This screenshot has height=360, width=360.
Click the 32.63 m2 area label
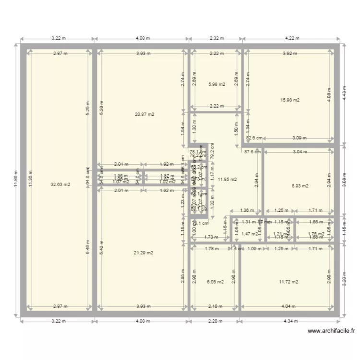click(x=60, y=184)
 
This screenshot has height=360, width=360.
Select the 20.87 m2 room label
click(x=144, y=114)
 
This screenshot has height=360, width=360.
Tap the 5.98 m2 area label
click(x=216, y=84)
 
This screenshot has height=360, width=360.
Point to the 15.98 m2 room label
click(x=290, y=100)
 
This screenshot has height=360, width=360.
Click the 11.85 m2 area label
click(x=227, y=180)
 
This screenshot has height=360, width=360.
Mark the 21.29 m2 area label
click(x=144, y=252)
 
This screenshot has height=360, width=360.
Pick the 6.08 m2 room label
click(x=215, y=282)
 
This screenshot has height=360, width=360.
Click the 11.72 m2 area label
click(x=288, y=282)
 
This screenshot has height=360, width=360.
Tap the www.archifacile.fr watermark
click(x=331, y=331)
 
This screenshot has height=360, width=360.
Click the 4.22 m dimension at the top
click(x=292, y=38)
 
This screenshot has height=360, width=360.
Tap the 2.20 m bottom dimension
click(x=215, y=322)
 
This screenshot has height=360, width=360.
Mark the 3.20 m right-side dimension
click(x=344, y=282)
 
